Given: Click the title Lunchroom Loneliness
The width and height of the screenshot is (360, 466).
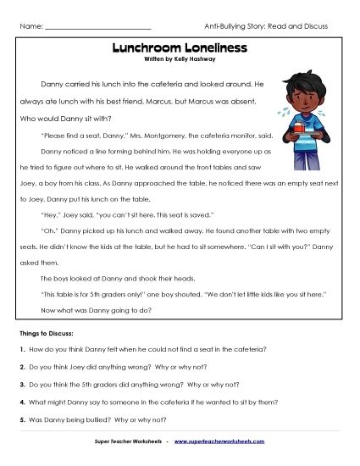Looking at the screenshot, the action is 179,49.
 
